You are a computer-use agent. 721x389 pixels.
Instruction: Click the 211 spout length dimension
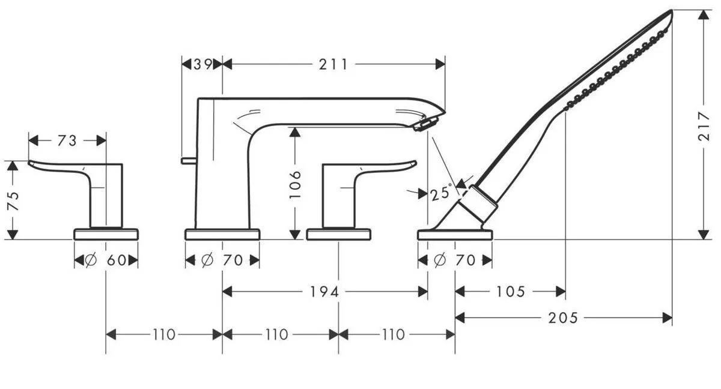pyautogui.click(x=334, y=64)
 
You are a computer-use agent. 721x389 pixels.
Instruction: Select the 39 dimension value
pyautogui.click(x=202, y=64)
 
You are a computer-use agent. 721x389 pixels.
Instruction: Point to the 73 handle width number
pyautogui.click(x=67, y=140)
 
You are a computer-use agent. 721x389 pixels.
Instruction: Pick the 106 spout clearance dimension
pyautogui.click(x=294, y=184)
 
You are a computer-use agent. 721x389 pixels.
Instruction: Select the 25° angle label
pyautogui.click(x=441, y=193)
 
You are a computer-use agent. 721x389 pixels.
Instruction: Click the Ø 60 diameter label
pyautogui.click(x=106, y=261)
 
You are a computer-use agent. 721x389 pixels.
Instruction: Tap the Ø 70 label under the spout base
pyautogui.click(x=222, y=261)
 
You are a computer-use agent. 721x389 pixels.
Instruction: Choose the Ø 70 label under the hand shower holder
pyautogui.click(x=455, y=261)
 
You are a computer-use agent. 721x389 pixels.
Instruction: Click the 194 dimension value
pyautogui.click(x=325, y=292)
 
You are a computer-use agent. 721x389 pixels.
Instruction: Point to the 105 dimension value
pyautogui.click(x=511, y=292)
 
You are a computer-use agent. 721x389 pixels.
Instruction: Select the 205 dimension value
pyautogui.click(x=563, y=318)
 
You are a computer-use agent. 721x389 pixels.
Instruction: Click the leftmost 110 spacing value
pyautogui.click(x=164, y=334)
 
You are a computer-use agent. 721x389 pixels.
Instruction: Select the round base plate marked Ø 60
pyautogui.click(x=106, y=234)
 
